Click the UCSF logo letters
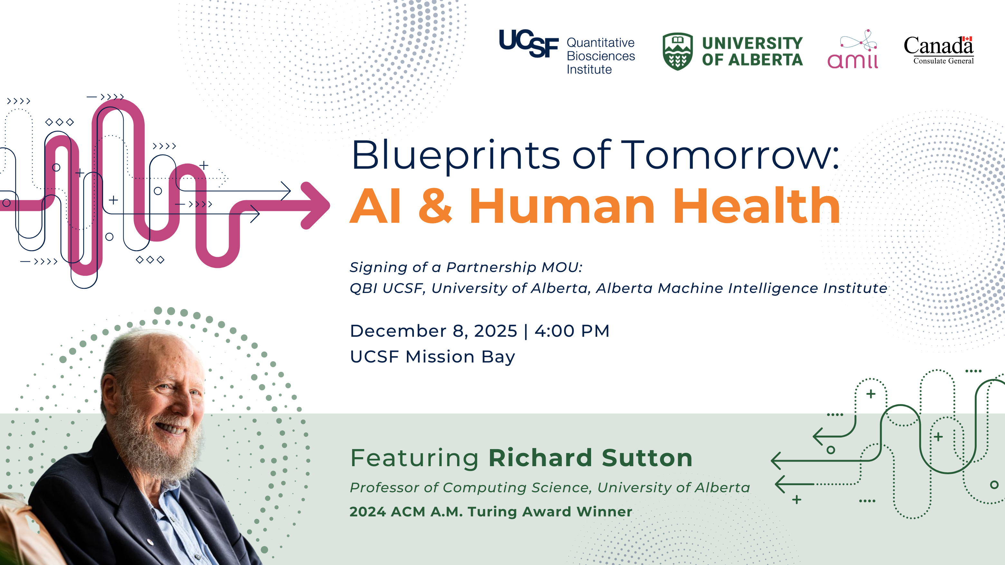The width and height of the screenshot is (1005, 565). [x=529, y=43]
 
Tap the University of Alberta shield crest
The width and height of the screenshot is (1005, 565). [x=678, y=51]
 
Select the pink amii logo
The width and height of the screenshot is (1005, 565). [x=853, y=50]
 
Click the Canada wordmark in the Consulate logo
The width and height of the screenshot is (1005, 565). [x=938, y=46]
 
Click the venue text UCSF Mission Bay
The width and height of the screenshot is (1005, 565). [x=433, y=356]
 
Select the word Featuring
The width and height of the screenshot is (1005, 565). [x=414, y=458]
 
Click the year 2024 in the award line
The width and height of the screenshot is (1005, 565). [x=368, y=512]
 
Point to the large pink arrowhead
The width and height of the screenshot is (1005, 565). [x=314, y=205]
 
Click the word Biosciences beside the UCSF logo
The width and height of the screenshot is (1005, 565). [x=601, y=56]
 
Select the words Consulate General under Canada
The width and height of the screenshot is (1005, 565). [x=943, y=61]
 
